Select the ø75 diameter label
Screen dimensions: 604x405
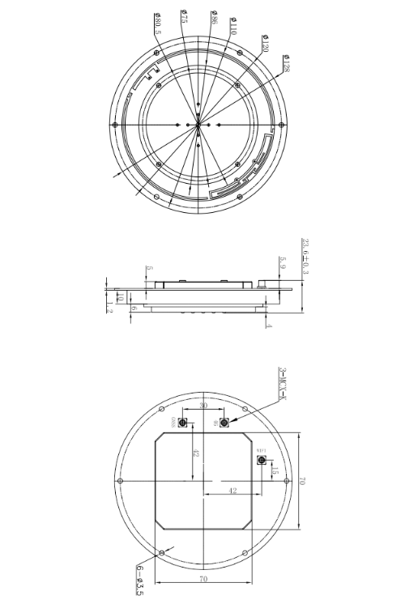tap(185, 19)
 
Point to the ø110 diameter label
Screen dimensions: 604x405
tap(233, 28)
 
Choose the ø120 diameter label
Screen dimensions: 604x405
tap(264, 45)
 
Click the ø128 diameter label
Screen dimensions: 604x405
tap(286, 63)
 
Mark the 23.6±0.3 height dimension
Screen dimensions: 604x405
tap(305, 257)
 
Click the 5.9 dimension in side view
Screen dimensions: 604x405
tap(282, 262)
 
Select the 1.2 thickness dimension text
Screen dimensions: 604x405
tap(109, 304)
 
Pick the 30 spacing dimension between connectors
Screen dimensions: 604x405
tap(202, 406)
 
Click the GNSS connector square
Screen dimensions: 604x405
tap(183, 423)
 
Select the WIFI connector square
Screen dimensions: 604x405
tap(262, 460)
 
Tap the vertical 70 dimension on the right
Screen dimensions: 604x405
tap(301, 481)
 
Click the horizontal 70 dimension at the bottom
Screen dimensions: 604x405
tap(202, 579)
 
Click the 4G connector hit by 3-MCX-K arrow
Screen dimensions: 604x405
tap(224, 423)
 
